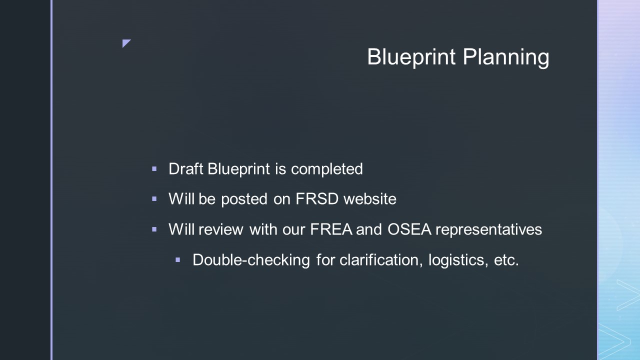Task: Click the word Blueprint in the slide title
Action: tap(411, 57)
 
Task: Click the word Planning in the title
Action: tap(506, 57)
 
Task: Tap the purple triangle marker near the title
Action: tap(126, 43)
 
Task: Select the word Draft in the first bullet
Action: tap(186, 168)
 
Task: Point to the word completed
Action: tap(327, 169)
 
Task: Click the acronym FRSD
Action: tap(317, 198)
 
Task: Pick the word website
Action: tap(370, 198)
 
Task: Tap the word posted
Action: tap(244, 199)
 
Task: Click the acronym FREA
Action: tap(331, 229)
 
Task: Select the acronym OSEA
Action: tap(409, 229)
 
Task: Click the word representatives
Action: tap(489, 229)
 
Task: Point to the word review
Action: tap(221, 229)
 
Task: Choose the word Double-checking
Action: tap(251, 260)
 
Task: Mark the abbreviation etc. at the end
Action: tap(506, 260)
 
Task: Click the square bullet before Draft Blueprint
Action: tap(154, 169)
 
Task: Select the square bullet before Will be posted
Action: tap(154, 199)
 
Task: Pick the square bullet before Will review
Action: tap(154, 229)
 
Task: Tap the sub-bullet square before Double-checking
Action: tap(177, 260)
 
